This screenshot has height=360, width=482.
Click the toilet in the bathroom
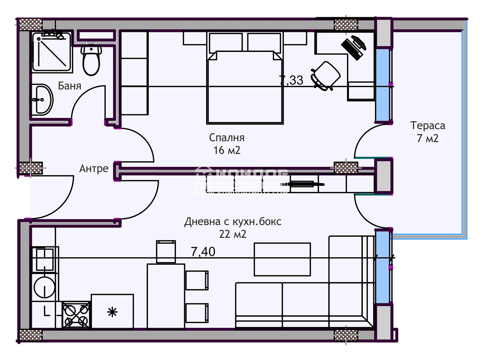tap(91, 60)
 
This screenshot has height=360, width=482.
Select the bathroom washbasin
tap(42, 99)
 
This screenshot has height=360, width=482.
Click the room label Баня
tap(70, 86)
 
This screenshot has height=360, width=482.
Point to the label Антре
tap(94, 168)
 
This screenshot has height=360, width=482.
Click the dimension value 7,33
tap(291, 80)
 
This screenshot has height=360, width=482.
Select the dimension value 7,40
tap(203, 251)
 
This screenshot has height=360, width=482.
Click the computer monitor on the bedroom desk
tap(354, 47)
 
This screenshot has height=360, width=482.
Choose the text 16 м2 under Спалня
tap(227, 150)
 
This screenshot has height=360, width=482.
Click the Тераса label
tap(427, 125)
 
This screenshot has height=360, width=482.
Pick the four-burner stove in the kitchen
tap(76, 315)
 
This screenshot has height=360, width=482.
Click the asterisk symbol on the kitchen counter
tap(112, 312)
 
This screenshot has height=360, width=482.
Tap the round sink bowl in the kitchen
tap(44, 287)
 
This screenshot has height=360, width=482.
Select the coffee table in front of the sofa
tap(282, 259)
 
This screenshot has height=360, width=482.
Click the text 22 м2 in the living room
tap(233, 234)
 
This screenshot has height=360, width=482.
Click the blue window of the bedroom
tap(382, 85)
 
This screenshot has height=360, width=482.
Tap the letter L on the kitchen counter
tap(47, 311)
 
